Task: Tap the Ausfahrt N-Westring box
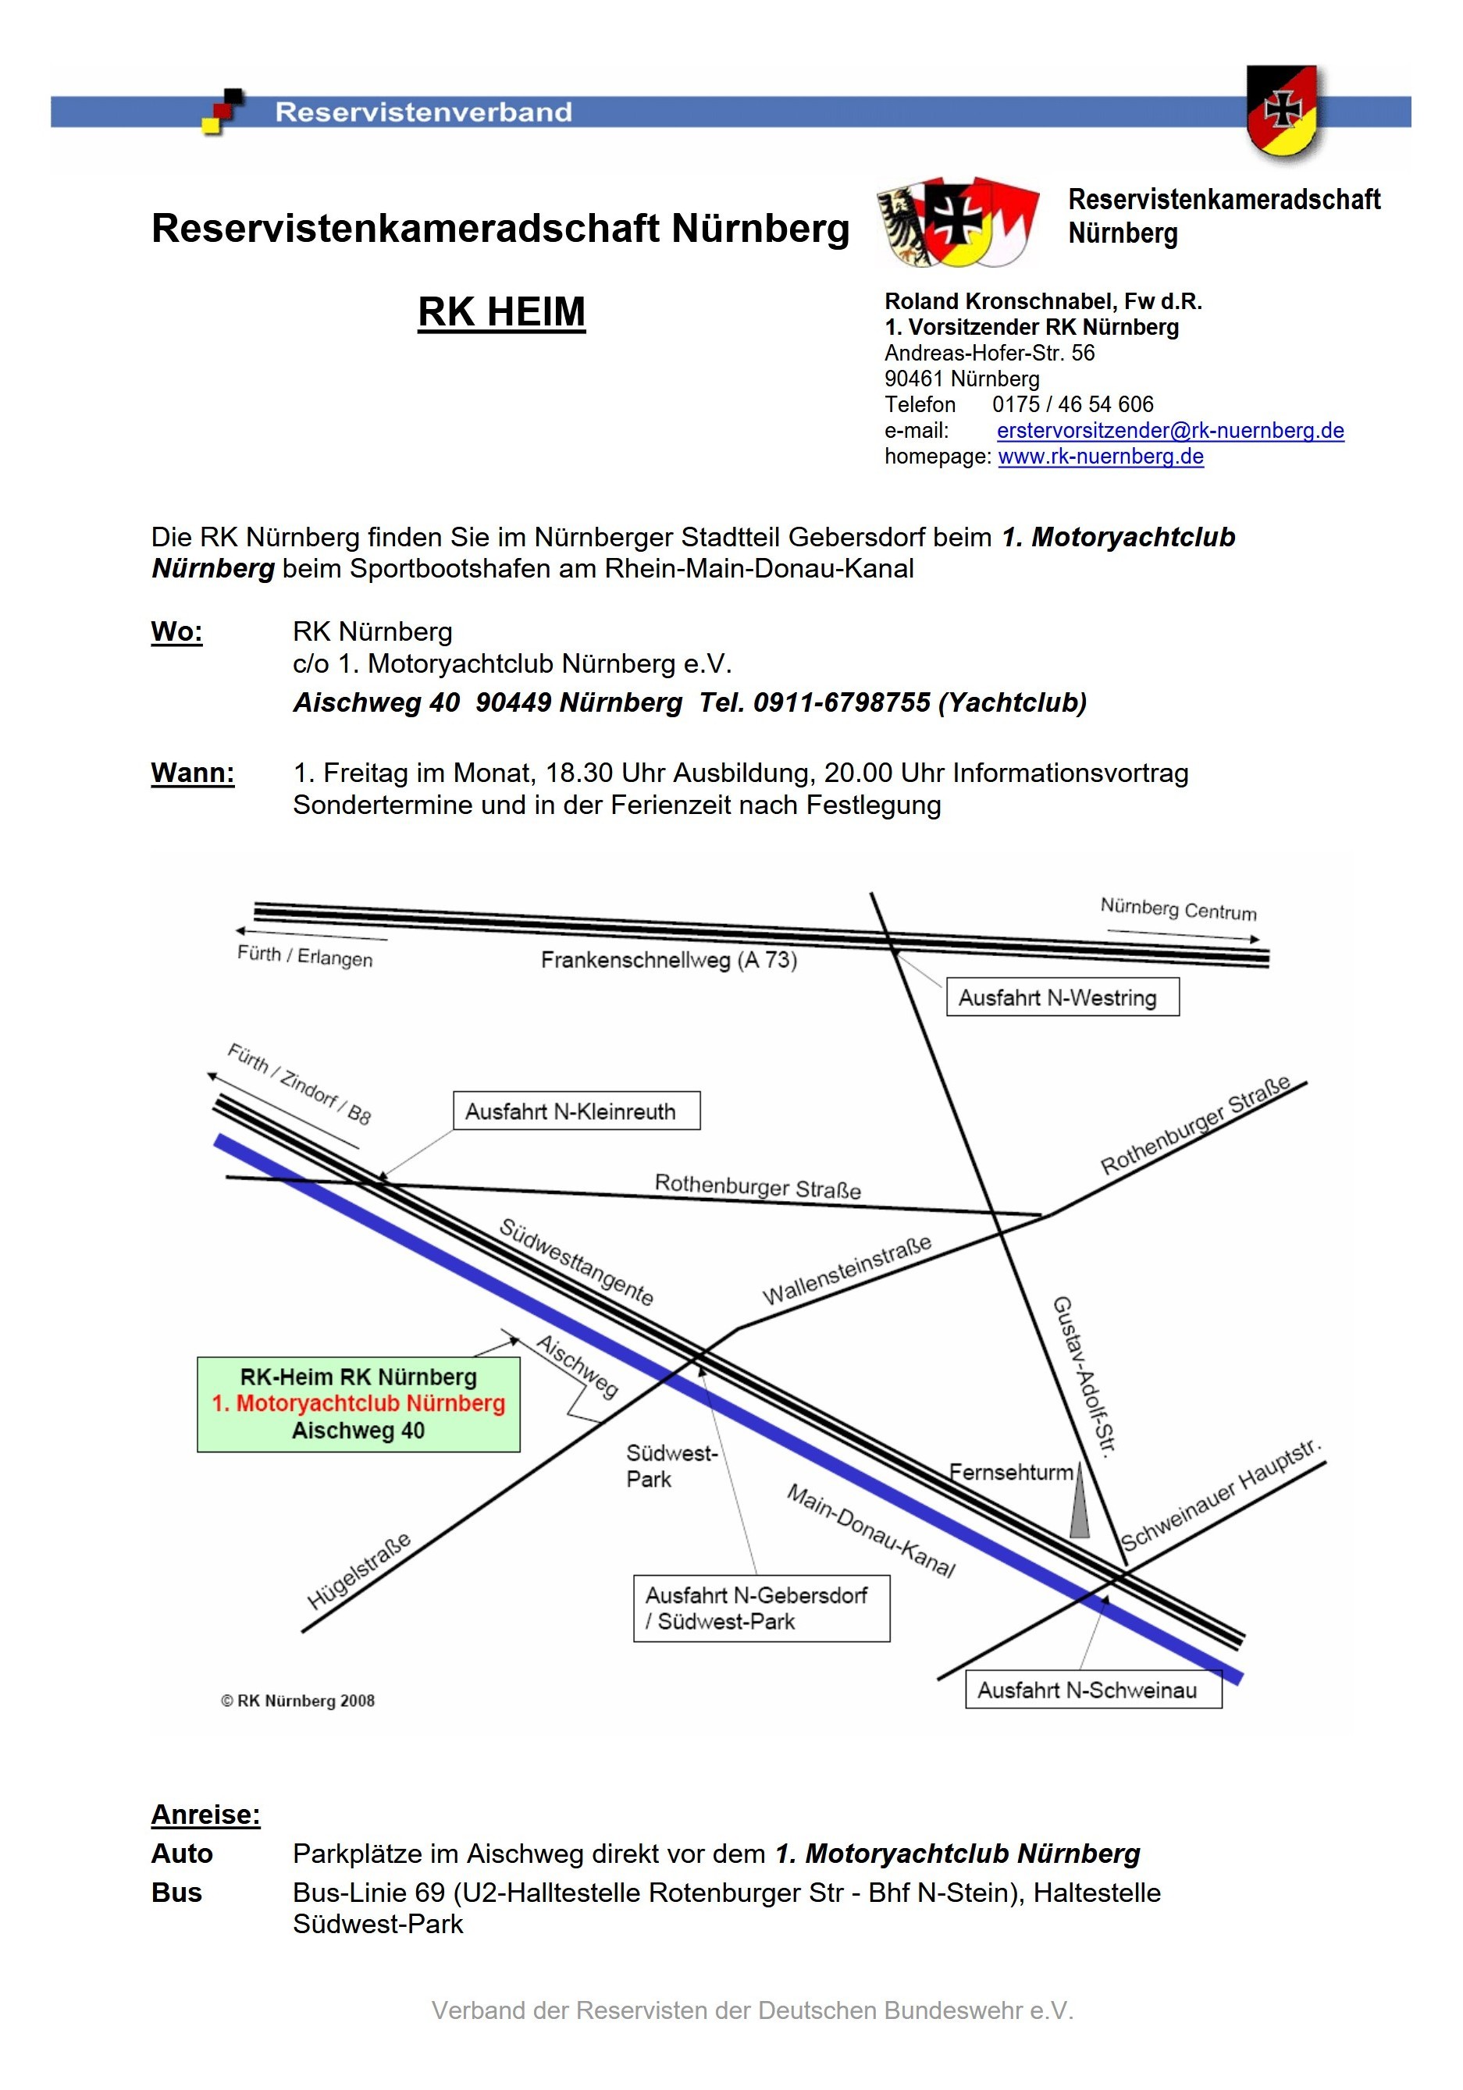(x=1062, y=997)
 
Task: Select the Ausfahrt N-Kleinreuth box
(x=575, y=1111)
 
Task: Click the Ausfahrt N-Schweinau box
(x=1092, y=1690)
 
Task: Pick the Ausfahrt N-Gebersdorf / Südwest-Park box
(x=760, y=1608)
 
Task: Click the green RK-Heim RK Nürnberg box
(x=358, y=1404)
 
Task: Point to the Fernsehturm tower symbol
(x=1079, y=1503)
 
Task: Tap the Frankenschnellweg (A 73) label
(x=668, y=959)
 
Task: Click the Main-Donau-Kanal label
(x=870, y=1530)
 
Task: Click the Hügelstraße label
(x=358, y=1571)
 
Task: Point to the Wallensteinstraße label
(x=847, y=1270)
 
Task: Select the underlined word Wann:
(x=193, y=773)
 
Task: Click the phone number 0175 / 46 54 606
(x=1072, y=404)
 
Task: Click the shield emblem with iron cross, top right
(x=1281, y=111)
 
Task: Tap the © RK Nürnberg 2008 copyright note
(x=297, y=1701)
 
